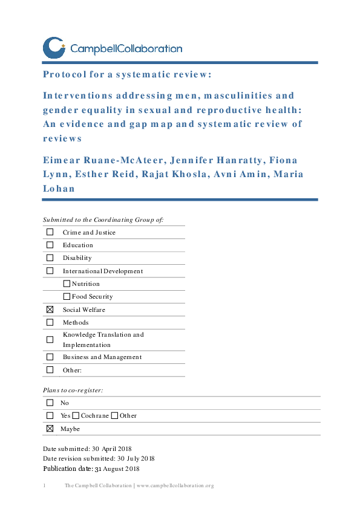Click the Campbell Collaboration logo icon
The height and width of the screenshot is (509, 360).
click(54, 47)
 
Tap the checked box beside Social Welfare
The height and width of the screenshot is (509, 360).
click(50, 310)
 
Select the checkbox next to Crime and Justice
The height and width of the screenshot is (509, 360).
click(50, 232)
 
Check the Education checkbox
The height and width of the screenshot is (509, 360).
click(50, 245)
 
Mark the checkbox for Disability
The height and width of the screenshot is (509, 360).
click(50, 258)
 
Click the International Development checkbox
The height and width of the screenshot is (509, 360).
click(50, 271)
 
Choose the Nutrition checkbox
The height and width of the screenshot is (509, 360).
click(67, 284)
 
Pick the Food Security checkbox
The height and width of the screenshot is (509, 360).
click(67, 297)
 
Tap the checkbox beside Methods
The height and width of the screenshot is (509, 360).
click(50, 322)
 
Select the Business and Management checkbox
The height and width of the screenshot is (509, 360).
click(50, 357)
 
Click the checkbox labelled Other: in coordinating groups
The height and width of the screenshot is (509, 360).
click(50, 370)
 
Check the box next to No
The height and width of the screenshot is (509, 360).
click(50, 403)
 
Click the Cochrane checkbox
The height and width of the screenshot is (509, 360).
click(76, 415)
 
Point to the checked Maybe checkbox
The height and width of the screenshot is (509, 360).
click(50, 429)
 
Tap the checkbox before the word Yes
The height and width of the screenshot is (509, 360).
click(50, 415)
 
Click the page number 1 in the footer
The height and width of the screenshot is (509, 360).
click(45, 485)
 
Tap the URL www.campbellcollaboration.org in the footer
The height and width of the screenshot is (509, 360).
click(175, 485)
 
